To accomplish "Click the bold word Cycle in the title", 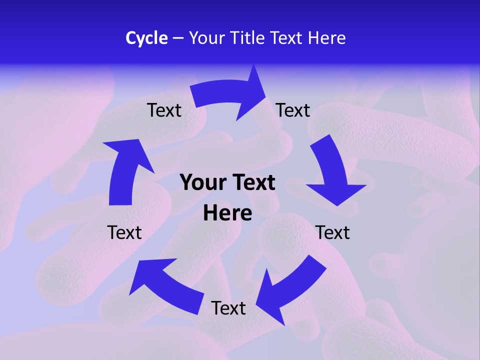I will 146,38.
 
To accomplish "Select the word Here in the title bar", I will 327,38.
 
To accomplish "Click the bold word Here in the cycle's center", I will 227,213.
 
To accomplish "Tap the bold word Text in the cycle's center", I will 252,183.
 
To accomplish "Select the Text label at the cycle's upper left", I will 164,110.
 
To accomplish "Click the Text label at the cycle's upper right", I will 293,110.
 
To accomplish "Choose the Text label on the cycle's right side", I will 332,232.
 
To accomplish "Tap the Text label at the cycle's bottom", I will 228,308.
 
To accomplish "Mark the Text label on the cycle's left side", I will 124,232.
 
